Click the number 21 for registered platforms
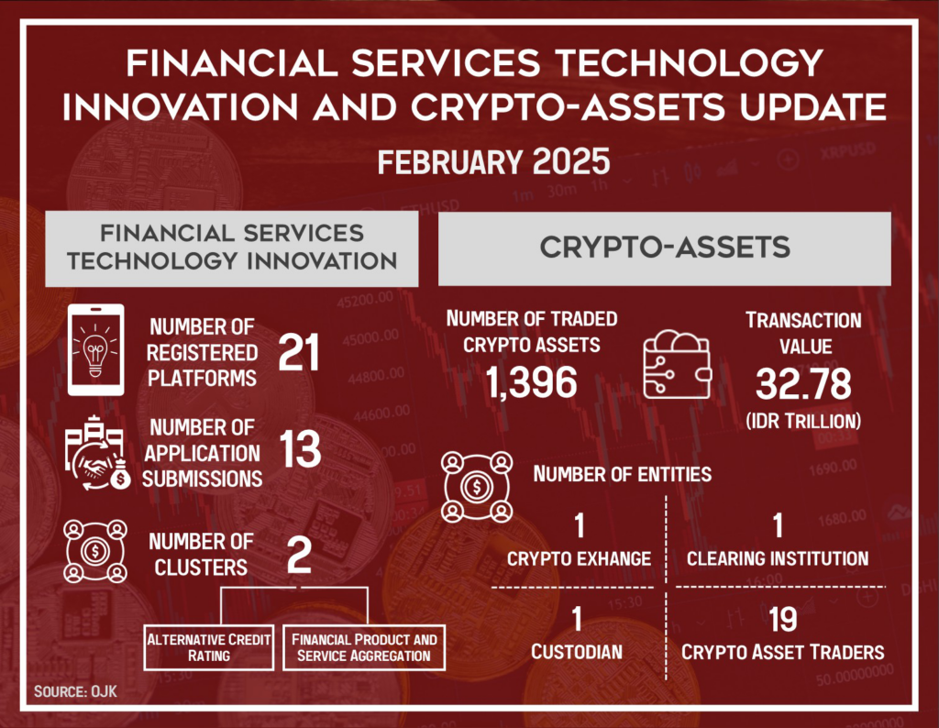[x=299, y=352]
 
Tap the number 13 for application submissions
[x=300, y=449]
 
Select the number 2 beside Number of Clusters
[x=299, y=555]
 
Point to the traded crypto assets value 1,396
[x=531, y=382]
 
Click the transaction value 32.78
[x=803, y=384]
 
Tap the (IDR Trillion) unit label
[x=803, y=421]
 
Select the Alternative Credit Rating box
[x=209, y=648]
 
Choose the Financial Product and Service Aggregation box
[x=364, y=648]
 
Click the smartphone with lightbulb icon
[x=95, y=349]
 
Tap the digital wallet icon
[x=678, y=365]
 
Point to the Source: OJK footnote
[x=75, y=691]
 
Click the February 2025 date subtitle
[x=493, y=162]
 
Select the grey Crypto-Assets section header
[x=665, y=248]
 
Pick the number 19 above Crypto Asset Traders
[x=783, y=620]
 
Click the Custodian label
[x=577, y=652]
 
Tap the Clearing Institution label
[x=778, y=558]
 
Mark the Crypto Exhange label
[x=580, y=558]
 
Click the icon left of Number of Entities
[x=477, y=487]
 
